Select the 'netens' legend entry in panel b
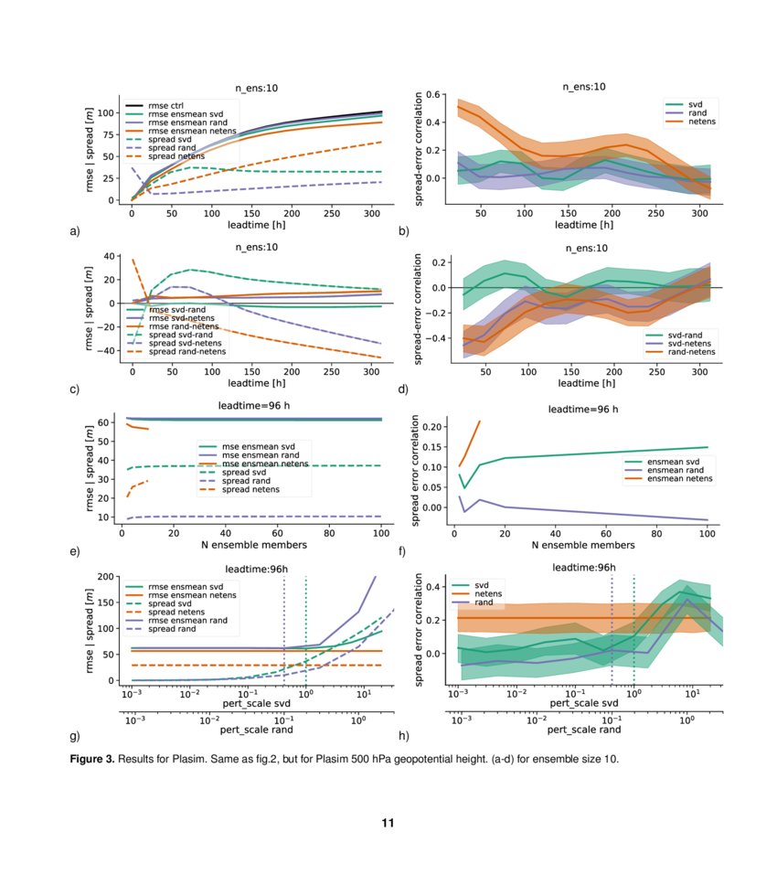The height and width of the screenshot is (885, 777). point(702,121)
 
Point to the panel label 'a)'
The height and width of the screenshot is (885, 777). point(74,230)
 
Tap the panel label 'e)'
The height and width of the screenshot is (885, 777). point(74,552)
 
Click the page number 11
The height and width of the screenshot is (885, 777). point(388,823)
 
